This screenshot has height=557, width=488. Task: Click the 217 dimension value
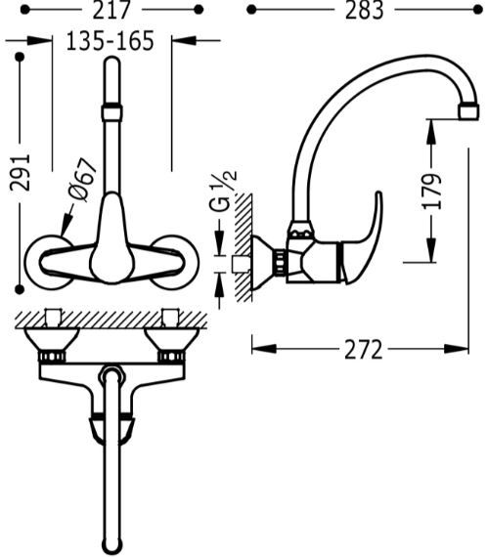pyautogui.click(x=111, y=10)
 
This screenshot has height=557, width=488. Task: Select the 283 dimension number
pyautogui.click(x=365, y=10)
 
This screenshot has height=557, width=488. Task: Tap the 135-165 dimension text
pyautogui.click(x=111, y=40)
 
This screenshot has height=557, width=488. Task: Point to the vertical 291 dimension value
pyautogui.click(x=21, y=172)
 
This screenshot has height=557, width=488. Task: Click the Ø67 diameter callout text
pyautogui.click(x=82, y=180)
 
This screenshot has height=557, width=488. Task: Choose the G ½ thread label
pyautogui.click(x=224, y=192)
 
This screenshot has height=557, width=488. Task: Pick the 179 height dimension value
pyautogui.click(x=432, y=192)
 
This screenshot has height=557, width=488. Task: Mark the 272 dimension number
pyautogui.click(x=364, y=350)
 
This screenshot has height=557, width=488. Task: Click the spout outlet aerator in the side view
pyautogui.click(x=468, y=110)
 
